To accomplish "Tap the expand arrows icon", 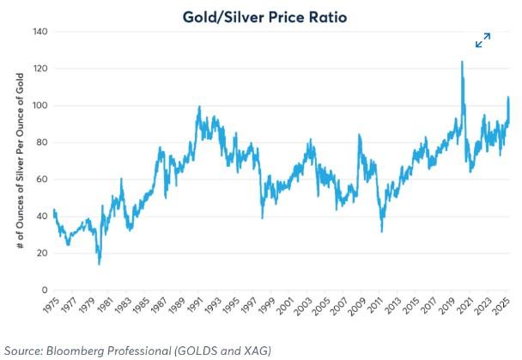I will (x=483, y=40).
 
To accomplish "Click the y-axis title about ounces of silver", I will (x=21, y=162).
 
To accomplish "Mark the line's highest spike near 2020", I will (x=462, y=62).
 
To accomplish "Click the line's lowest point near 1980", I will (x=99, y=263).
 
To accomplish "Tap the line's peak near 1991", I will (x=199, y=107).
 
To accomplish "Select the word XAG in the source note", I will (x=256, y=349).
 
